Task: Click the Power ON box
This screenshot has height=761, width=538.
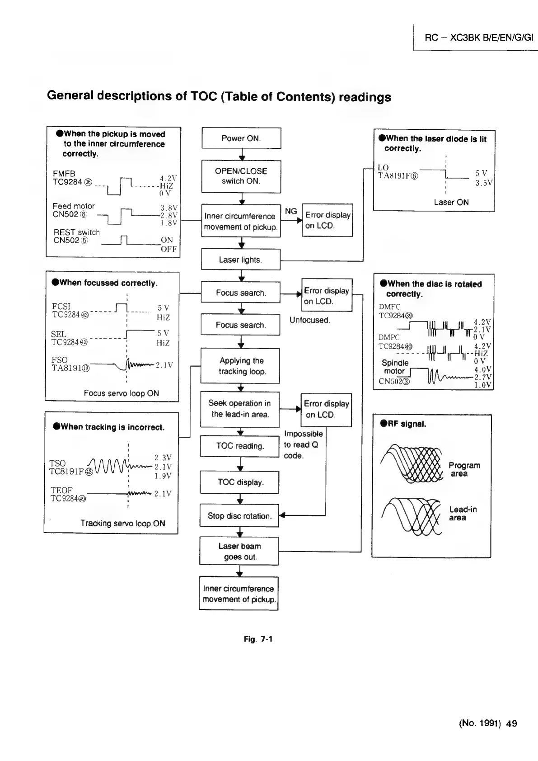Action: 241,138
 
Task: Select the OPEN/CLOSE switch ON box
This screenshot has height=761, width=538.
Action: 241,176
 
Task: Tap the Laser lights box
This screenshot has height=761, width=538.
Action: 240,260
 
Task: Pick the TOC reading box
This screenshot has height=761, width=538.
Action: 239,446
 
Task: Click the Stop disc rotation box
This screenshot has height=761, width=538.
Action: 239,516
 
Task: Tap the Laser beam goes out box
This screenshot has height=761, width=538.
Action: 239,551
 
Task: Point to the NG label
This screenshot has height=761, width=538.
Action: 291,211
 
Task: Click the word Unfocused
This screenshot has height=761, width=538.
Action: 310,320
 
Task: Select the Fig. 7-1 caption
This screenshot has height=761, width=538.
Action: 258,639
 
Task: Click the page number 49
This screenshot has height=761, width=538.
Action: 511,723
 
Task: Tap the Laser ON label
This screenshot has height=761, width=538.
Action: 451,202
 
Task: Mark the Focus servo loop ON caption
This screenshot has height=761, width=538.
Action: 121,393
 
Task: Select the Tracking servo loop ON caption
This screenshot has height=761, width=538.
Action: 122,523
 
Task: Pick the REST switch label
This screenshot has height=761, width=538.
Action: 76,232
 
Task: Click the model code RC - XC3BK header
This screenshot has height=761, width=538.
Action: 479,38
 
